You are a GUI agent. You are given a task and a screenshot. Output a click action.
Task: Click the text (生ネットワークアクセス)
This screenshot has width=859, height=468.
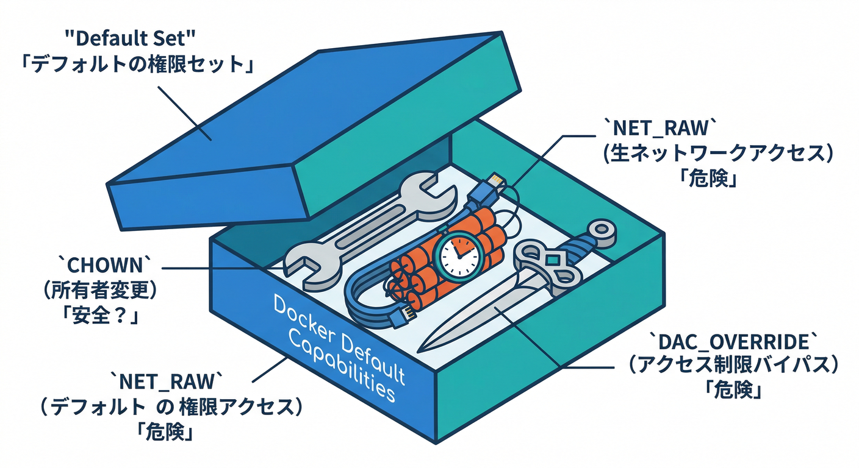[719, 155]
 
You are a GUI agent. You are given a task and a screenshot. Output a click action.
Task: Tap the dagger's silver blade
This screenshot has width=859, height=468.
[476, 317]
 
